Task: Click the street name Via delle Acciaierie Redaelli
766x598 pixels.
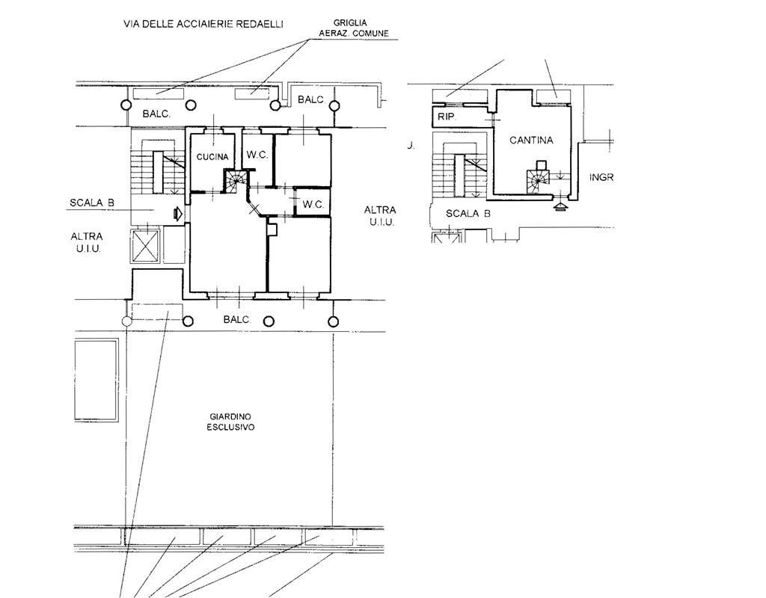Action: [203, 24]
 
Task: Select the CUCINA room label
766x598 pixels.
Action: [212, 157]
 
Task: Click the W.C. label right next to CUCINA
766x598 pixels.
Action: [257, 155]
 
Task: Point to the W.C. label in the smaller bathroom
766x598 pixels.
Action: [313, 204]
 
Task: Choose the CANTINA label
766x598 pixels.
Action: [532, 140]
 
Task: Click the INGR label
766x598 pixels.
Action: [601, 177]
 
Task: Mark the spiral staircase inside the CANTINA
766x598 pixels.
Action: [538, 182]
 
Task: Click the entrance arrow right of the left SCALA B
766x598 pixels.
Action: [177, 214]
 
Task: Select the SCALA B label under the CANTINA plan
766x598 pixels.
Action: [468, 213]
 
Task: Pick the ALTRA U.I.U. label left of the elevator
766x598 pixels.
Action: [87, 242]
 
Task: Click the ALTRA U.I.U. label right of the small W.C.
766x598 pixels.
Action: [380, 215]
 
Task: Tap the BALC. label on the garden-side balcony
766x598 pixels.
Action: [237, 319]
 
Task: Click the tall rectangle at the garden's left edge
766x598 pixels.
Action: [96, 377]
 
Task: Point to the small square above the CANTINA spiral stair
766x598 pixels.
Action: [542, 164]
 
